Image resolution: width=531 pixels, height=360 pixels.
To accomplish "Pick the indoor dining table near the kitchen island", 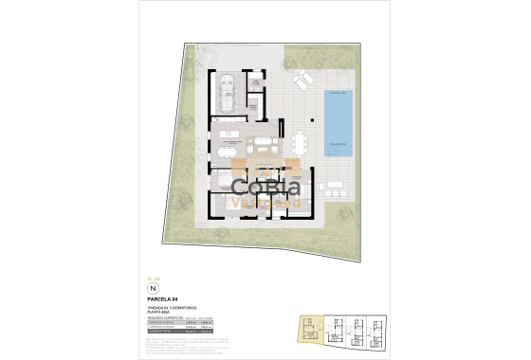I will point(229,148).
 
